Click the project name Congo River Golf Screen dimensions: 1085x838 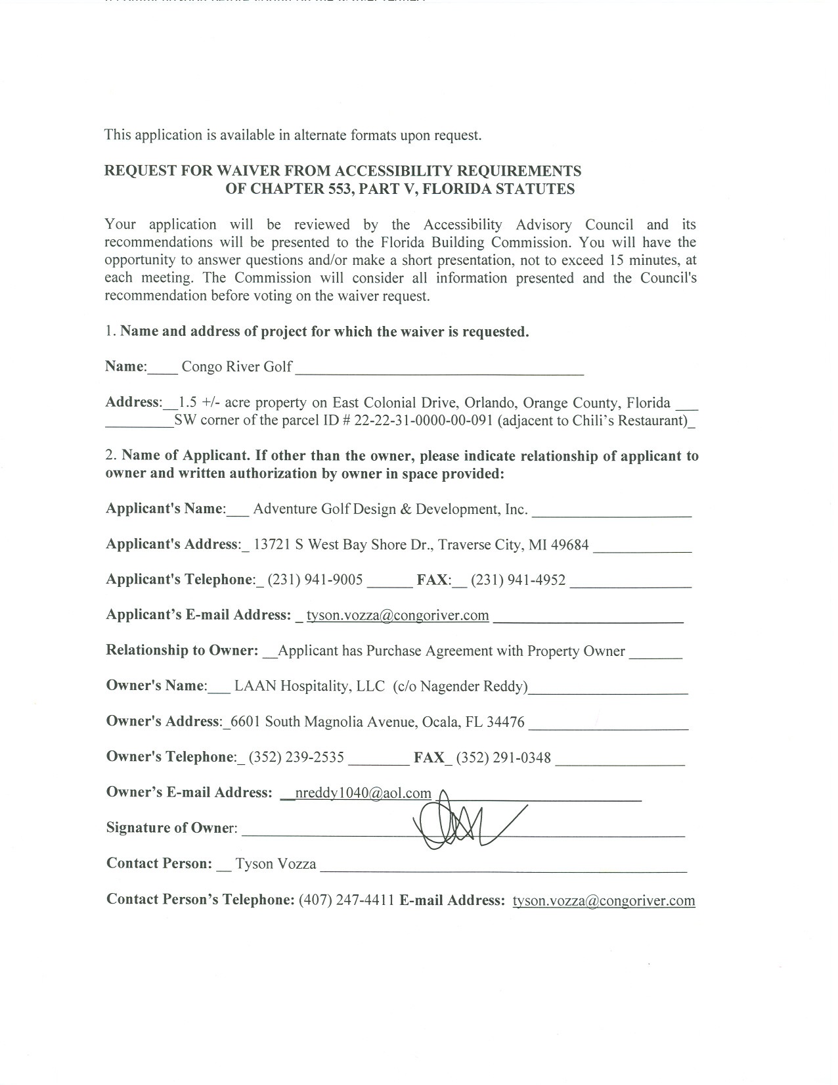[236, 367]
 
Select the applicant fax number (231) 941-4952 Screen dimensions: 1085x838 [518, 580]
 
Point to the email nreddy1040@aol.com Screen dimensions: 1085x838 [363, 793]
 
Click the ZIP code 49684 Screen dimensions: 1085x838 [569, 545]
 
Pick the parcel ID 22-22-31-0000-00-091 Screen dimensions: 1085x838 [424, 421]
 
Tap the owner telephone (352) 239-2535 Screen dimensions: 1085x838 [296, 757]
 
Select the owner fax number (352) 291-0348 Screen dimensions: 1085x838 [504, 757]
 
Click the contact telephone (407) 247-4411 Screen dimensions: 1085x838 [346, 900]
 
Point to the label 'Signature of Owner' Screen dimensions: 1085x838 [171, 828]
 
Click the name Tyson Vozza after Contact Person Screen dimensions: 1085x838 [276, 864]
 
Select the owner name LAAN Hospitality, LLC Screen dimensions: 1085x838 [309, 686]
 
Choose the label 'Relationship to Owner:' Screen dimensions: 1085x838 [182, 651]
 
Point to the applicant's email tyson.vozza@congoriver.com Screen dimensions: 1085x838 [397, 615]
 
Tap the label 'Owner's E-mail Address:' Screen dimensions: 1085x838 [189, 793]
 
